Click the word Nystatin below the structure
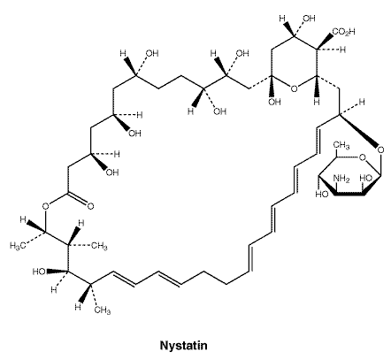coord(183,345)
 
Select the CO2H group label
coord(344,32)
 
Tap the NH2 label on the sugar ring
coord(341,179)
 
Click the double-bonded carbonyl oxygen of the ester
coord(90,206)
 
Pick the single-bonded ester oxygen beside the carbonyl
coord(45,206)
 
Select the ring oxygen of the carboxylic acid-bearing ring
coord(294,88)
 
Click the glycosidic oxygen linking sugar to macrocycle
coord(380,149)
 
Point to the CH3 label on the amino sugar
coord(341,145)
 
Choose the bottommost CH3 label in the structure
coord(103,310)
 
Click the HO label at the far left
coord(39,272)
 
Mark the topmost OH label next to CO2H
coord(309,19)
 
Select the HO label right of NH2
coord(366,179)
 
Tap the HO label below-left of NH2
coord(322,195)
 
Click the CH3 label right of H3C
coord(99,246)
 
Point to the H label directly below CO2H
coord(342,50)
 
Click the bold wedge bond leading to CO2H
coord(325,42)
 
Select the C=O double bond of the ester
coord(77,198)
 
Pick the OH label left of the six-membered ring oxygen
coord(274,102)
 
